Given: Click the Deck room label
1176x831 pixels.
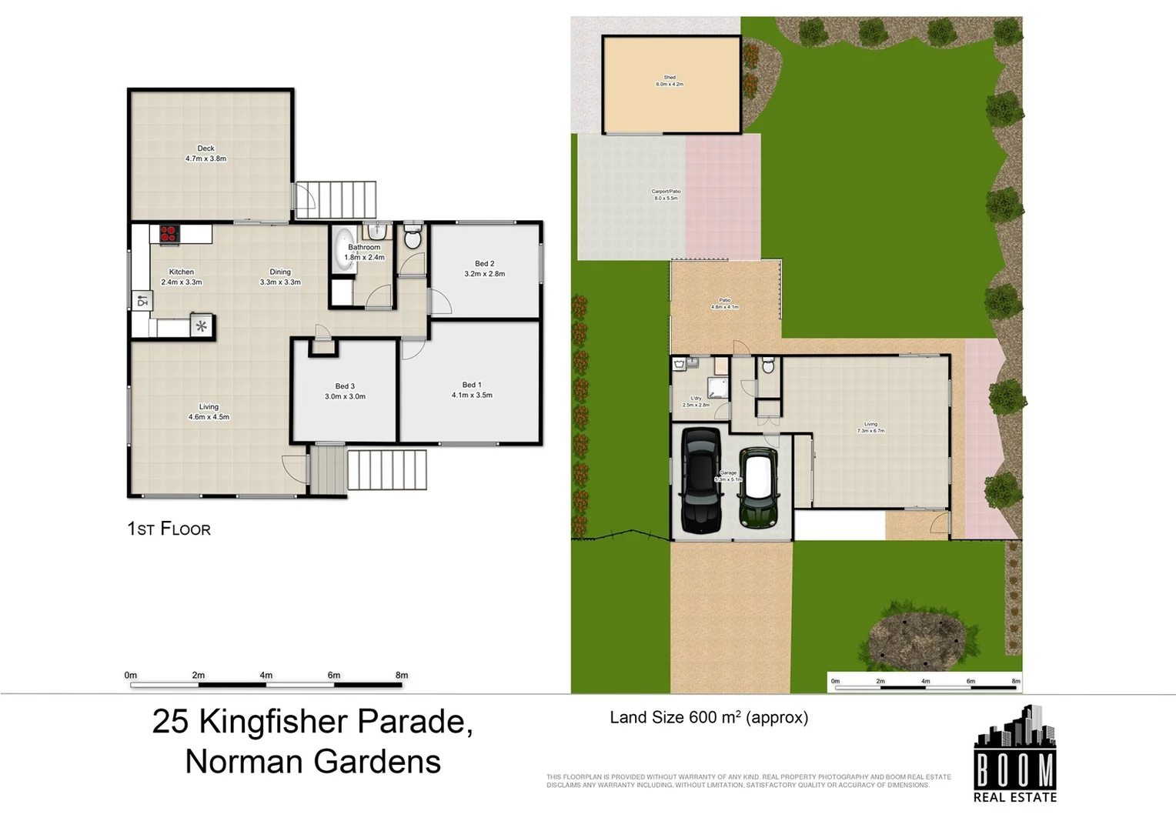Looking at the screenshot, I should tap(205, 149).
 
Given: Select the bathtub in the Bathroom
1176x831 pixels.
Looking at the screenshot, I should tap(342, 249).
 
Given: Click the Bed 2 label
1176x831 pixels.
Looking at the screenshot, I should tap(484, 264).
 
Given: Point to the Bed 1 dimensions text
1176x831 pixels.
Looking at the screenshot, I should tap(472, 395).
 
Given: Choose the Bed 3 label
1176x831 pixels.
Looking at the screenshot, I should tap(345, 386).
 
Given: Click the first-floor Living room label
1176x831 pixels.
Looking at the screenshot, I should tap(209, 407).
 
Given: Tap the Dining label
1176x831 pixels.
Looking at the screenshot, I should tap(280, 272).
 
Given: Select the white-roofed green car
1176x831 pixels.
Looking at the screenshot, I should tap(758, 488).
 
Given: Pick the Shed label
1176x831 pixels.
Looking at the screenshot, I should tap(670, 78).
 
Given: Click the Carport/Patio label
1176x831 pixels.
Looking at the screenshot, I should tap(666, 192).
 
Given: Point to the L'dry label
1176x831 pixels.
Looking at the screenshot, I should tap(696, 399).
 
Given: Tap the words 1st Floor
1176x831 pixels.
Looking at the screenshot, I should tap(169, 529).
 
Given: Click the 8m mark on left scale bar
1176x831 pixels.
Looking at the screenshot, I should tap(401, 676).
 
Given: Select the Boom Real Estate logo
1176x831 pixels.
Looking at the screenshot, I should tap(1014, 755).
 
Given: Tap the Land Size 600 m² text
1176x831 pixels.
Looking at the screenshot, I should tap(708, 718).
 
